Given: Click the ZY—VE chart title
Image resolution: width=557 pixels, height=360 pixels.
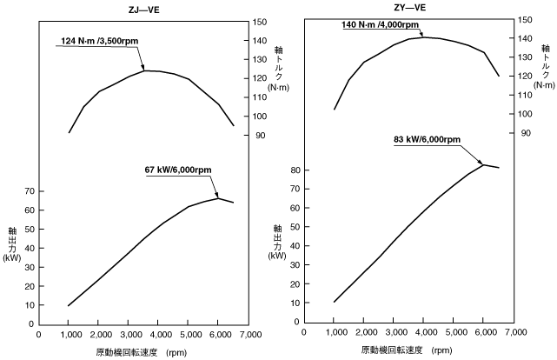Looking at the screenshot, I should [409, 9].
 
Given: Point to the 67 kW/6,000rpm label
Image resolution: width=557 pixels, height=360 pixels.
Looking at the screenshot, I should [179, 170].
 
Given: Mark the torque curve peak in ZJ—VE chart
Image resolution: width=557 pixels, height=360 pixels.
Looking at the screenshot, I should [145, 70].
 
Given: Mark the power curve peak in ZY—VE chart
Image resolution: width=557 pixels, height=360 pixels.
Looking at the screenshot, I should [484, 164].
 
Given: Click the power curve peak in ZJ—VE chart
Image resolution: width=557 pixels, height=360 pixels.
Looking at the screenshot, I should [219, 198].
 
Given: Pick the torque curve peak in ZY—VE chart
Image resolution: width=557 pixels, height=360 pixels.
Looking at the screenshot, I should [423, 37].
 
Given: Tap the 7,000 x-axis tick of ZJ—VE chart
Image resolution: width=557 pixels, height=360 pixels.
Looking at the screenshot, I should [249, 333].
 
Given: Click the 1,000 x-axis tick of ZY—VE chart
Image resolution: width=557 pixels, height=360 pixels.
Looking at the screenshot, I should [334, 332].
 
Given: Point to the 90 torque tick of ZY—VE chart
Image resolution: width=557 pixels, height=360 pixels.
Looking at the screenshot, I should [525, 133].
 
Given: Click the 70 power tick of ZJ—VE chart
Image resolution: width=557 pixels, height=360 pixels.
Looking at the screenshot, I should [29, 190].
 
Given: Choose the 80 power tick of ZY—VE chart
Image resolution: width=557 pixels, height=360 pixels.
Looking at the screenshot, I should [295, 170].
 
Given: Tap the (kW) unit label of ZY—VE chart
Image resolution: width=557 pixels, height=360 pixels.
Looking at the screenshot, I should [277, 256].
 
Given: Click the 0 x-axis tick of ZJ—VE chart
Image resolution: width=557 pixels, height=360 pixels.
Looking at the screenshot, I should [38, 333].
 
